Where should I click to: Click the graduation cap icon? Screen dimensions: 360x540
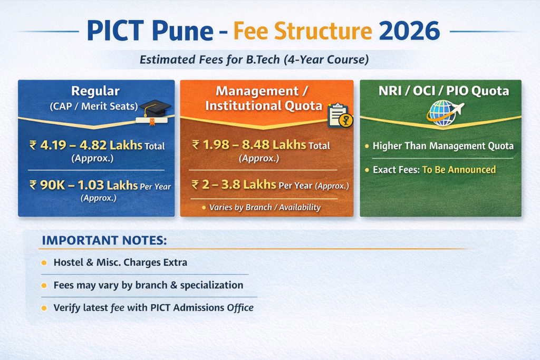(x=155, y=110)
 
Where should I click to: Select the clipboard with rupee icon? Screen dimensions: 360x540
(x=340, y=115)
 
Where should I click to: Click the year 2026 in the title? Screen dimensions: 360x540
(x=409, y=32)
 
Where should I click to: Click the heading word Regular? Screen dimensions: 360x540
(x=95, y=91)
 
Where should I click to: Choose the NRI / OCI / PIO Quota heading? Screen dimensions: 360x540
(x=443, y=91)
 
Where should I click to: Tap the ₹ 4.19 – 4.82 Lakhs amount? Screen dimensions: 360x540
(x=86, y=145)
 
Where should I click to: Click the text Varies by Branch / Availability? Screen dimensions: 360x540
(x=265, y=207)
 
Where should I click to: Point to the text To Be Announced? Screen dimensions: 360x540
(x=459, y=170)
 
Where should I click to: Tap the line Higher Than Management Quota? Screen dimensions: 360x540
(x=443, y=146)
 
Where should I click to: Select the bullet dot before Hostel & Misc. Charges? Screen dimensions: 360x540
(x=44, y=262)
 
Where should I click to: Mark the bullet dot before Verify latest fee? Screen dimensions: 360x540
(x=44, y=308)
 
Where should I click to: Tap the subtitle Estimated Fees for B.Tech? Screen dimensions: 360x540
(x=254, y=60)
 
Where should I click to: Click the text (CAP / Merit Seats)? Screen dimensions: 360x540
(x=94, y=106)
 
